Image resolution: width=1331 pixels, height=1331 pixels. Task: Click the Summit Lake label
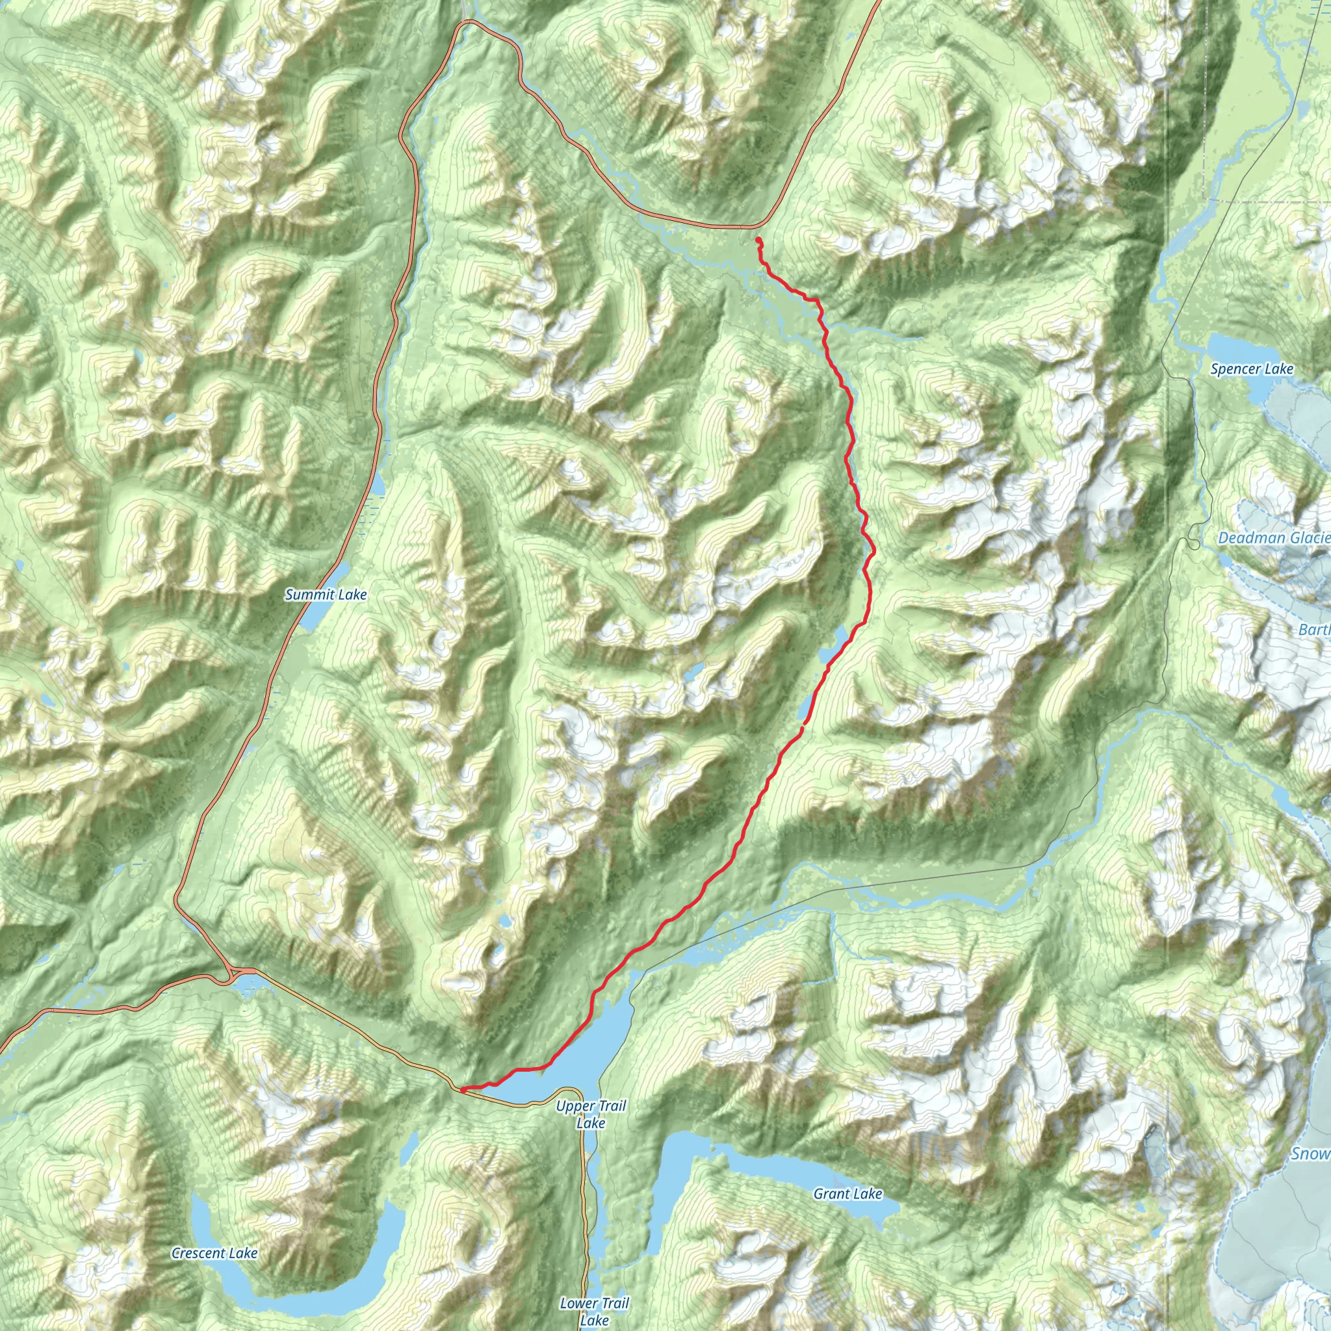coord(326,595)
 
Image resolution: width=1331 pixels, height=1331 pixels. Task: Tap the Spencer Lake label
coord(1252,369)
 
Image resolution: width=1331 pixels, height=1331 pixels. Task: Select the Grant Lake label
coord(847,1194)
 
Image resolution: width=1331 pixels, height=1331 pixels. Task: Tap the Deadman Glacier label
coord(1273,538)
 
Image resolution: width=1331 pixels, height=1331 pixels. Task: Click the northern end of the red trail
coord(758,239)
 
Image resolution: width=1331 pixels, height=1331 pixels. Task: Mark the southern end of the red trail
coord(462,1090)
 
